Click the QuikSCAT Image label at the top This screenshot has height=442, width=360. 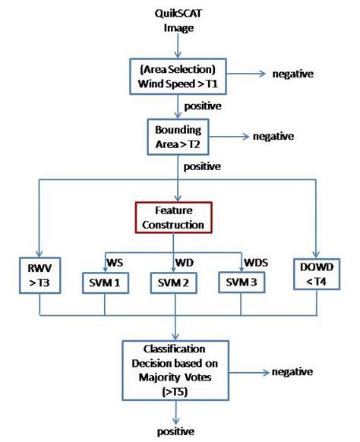[x=176, y=21]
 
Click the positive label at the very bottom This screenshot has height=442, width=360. [x=176, y=431]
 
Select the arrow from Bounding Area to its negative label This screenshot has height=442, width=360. [x=225, y=136]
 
